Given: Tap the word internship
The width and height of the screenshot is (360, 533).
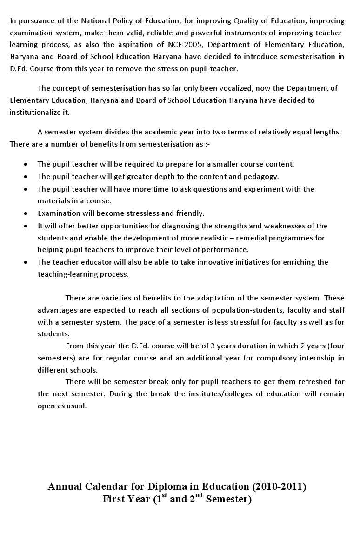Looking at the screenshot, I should (314, 358).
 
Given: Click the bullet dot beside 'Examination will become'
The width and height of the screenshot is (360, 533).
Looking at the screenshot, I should (25, 213).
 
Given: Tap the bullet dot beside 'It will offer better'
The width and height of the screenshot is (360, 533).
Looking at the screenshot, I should (25, 226).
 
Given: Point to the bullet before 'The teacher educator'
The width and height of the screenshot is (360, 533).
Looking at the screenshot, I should (25, 262).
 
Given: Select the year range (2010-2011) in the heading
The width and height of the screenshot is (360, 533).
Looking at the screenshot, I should (279, 487).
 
